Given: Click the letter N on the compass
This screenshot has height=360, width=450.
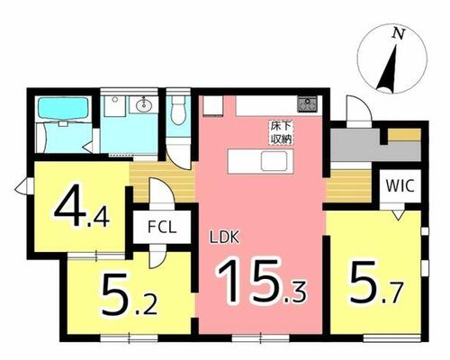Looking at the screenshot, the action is coord(399,33).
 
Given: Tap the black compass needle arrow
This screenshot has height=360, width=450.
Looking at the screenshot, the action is coord(389,68).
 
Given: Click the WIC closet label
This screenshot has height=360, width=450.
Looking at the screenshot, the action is coord(400,186).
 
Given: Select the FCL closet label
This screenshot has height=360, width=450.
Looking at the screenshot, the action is coord(161,227).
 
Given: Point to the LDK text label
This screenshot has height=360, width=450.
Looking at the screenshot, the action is coord(224,238).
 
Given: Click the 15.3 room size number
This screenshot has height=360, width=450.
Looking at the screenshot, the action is coord(261,281).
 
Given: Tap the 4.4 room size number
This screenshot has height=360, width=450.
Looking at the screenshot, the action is coord(81,206).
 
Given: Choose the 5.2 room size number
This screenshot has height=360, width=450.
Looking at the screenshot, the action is coord(129,294).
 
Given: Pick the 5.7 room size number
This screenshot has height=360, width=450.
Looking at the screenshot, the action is coord(375,283).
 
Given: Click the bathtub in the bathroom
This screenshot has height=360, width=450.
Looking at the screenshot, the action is coord(63,109).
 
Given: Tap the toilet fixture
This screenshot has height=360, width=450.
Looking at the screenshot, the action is coord(178,110).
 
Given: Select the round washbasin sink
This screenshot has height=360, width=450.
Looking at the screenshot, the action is coord(144,105).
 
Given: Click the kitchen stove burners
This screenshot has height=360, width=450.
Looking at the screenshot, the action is coord(307,103).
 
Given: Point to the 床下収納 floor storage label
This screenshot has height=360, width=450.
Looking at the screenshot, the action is coord(282,133).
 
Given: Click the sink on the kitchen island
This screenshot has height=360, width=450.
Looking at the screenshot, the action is coord(274,161).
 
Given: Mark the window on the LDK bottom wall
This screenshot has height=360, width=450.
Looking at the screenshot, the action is coord(260,338).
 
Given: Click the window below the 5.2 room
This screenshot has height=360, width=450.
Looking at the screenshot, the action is coord(129,338).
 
